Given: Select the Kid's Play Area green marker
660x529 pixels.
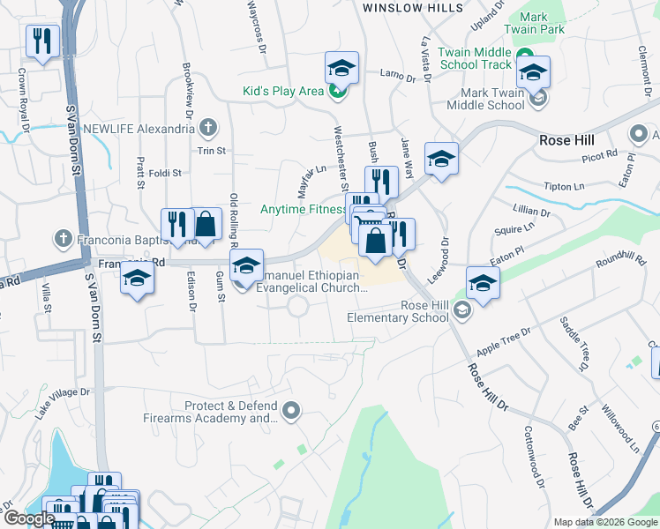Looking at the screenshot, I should click(x=336, y=91).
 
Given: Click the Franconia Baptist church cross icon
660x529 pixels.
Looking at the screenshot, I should click(x=63, y=238).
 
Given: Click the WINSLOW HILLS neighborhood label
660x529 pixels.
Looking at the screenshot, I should click(x=413, y=8).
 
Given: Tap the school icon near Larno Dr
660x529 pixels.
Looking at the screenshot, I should click(x=341, y=68).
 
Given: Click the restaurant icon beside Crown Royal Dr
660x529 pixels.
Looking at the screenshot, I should click(x=42, y=41).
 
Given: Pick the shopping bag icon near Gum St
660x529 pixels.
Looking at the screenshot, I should click(x=205, y=223).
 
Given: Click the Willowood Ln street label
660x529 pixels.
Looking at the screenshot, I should click(x=621, y=428).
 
